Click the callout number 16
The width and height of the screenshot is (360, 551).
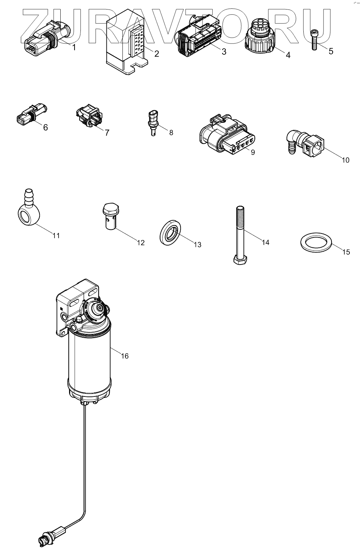coord(125,356)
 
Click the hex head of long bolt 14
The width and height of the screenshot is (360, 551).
coord(241,261)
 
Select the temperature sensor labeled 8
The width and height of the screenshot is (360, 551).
coord(153,121)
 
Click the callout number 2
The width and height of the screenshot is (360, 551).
coord(156,54)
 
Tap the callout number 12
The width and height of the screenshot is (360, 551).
coord(141,243)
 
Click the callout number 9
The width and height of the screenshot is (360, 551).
coord(253,152)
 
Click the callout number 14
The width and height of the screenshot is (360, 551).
coord(265,242)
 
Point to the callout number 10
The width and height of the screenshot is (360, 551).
coord(345,160)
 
